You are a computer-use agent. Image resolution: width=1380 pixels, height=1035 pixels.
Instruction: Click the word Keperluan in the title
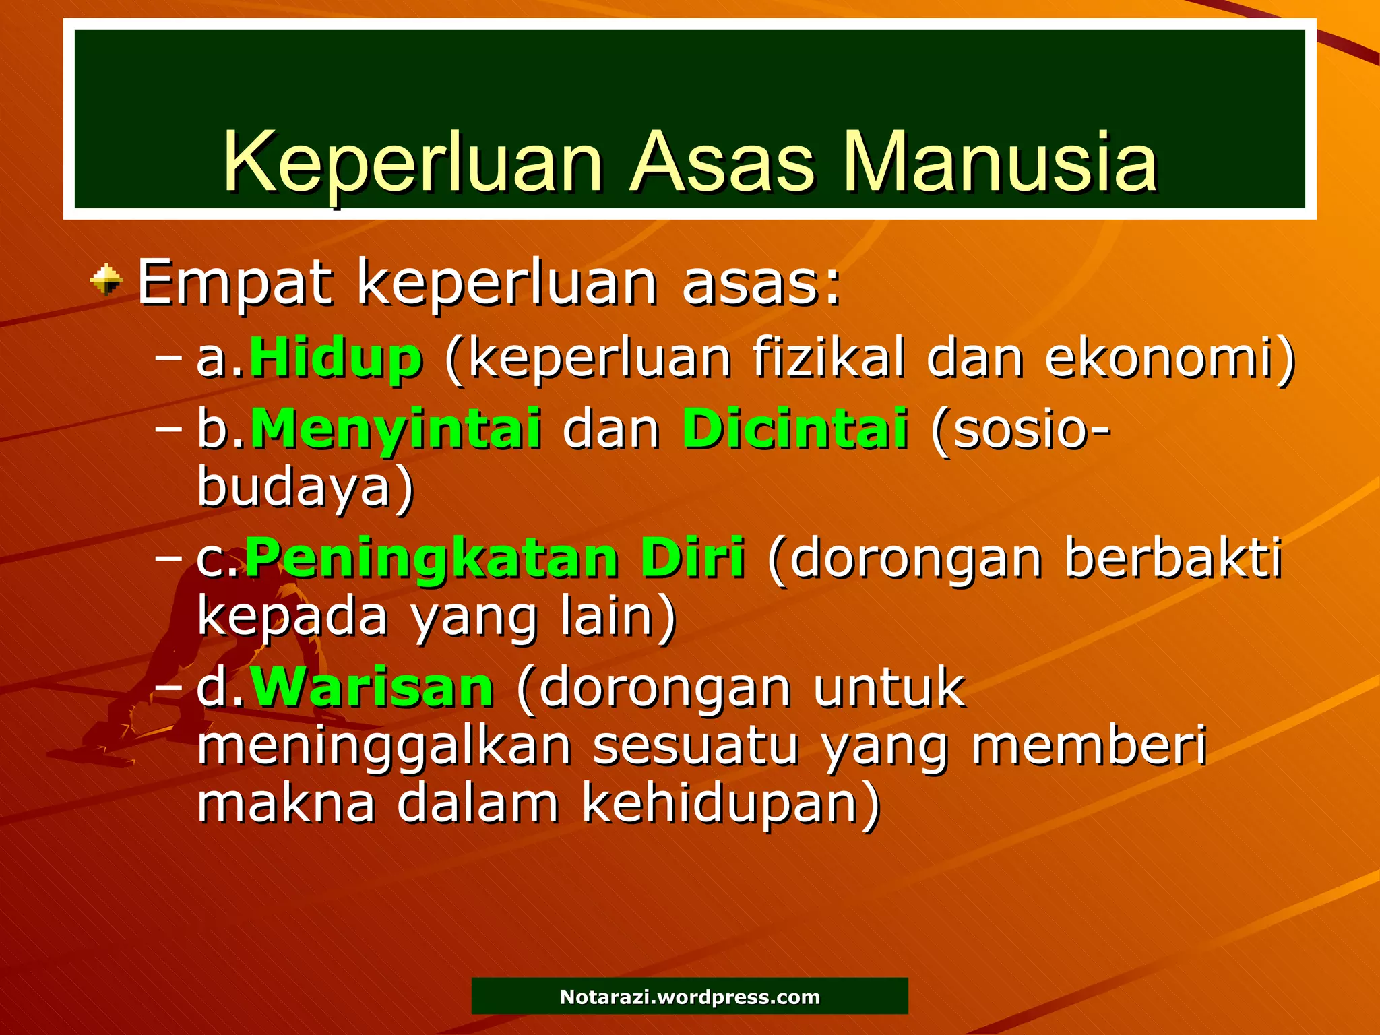412,163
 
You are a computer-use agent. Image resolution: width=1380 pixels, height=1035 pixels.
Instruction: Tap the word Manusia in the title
1000,163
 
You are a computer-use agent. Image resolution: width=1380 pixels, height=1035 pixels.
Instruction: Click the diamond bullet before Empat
106,280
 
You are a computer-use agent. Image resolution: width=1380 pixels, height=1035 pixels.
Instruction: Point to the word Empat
235,283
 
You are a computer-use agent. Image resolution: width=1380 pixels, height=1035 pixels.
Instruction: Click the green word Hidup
336,358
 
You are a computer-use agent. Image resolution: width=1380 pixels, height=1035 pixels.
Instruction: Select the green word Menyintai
396,429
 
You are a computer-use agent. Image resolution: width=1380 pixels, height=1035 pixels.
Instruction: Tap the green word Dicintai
795,429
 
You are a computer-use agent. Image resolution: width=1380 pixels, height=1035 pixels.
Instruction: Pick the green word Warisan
372,688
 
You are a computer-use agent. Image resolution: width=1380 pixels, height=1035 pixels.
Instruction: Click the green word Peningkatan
431,559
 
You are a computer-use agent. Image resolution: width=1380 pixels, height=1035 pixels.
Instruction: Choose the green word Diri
693,559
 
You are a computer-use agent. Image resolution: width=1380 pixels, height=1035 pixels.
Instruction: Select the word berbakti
1173,559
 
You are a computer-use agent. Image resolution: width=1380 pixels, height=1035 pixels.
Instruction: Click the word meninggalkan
384,747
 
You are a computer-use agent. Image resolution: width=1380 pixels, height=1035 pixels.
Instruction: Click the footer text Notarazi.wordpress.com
690,997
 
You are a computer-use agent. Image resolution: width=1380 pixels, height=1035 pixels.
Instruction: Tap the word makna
286,803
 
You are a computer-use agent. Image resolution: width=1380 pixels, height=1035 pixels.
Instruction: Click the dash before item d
168,688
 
